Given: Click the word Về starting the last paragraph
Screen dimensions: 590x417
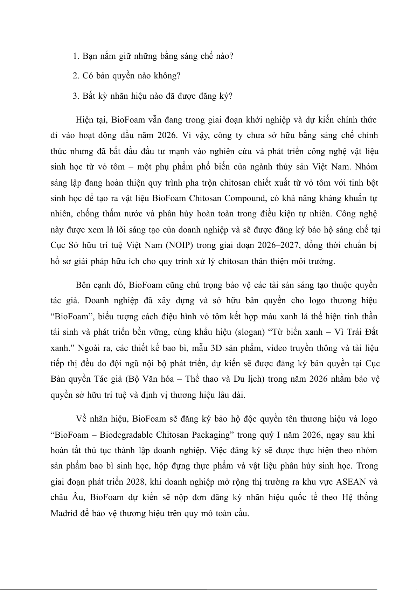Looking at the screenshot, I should pos(82,419).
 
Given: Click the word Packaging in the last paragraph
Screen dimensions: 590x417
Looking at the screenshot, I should pos(212,435).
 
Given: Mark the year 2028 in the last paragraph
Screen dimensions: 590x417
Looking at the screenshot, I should pos(135,482).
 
